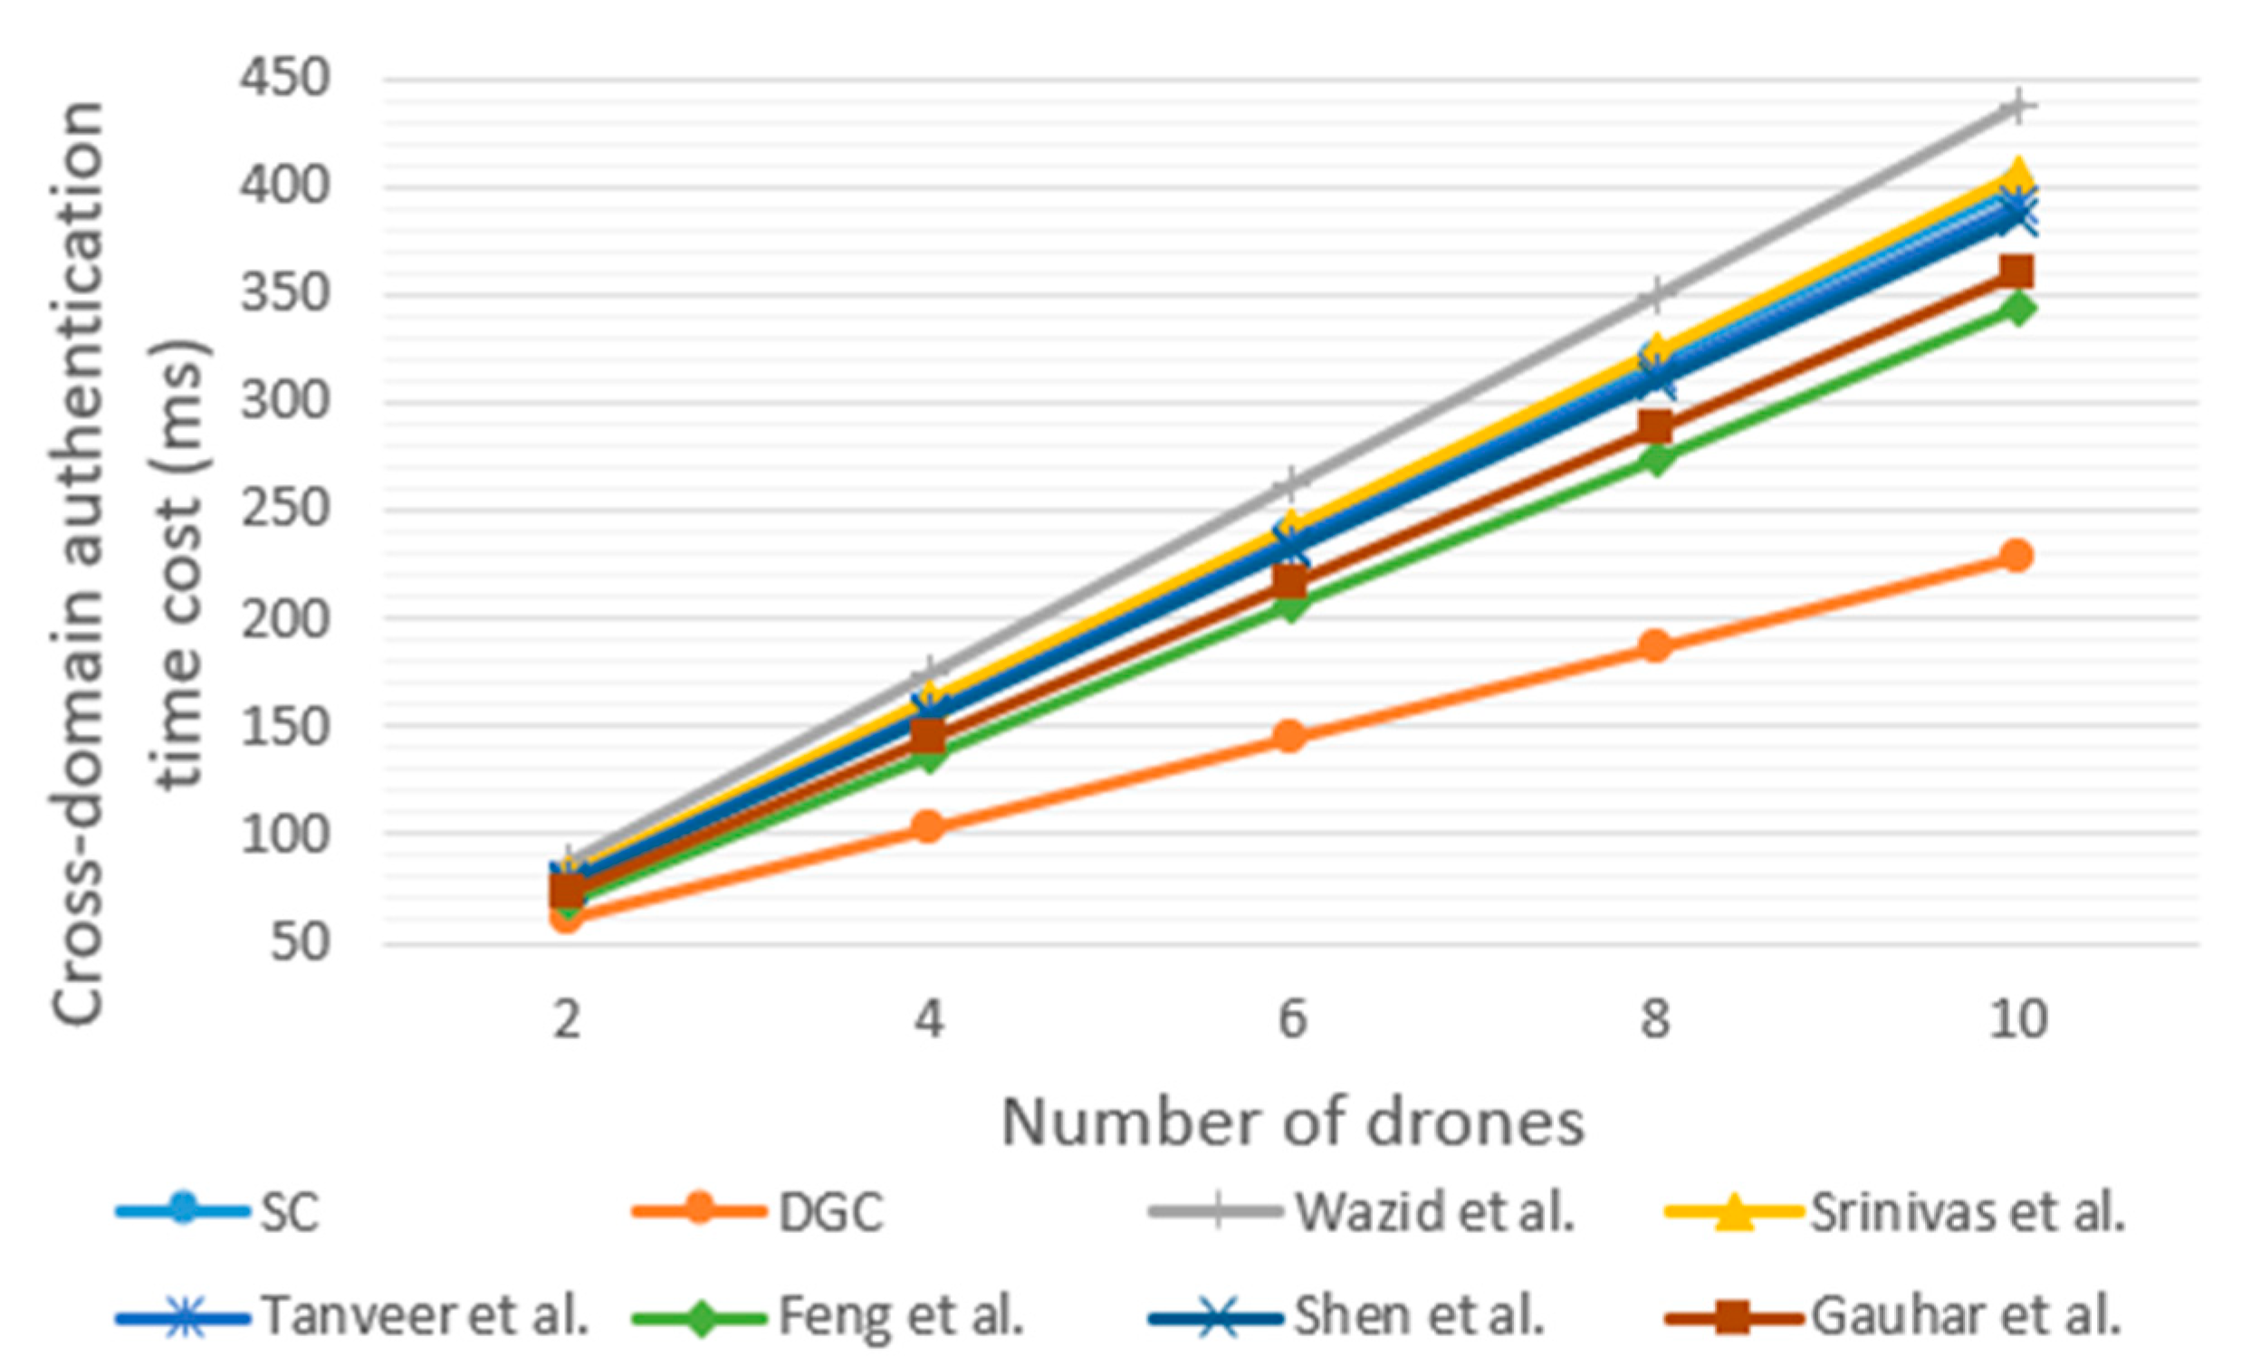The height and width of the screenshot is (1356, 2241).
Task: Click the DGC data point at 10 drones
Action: (2016, 555)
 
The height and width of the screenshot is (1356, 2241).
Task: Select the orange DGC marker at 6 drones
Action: (1290, 736)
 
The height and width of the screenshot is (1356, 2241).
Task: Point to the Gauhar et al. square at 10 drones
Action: (2016, 271)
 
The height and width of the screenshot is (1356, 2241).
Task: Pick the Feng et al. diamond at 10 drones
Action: (2016, 310)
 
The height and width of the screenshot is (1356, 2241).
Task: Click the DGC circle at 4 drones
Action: (928, 826)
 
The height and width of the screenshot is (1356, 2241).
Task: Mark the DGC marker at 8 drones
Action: (1654, 645)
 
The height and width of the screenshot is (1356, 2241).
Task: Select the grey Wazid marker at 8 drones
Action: (1654, 295)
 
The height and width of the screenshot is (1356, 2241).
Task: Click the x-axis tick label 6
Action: (1290, 1019)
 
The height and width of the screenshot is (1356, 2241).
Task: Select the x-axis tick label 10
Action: (2016, 1019)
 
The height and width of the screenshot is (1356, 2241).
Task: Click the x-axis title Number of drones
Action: (1292, 1122)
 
